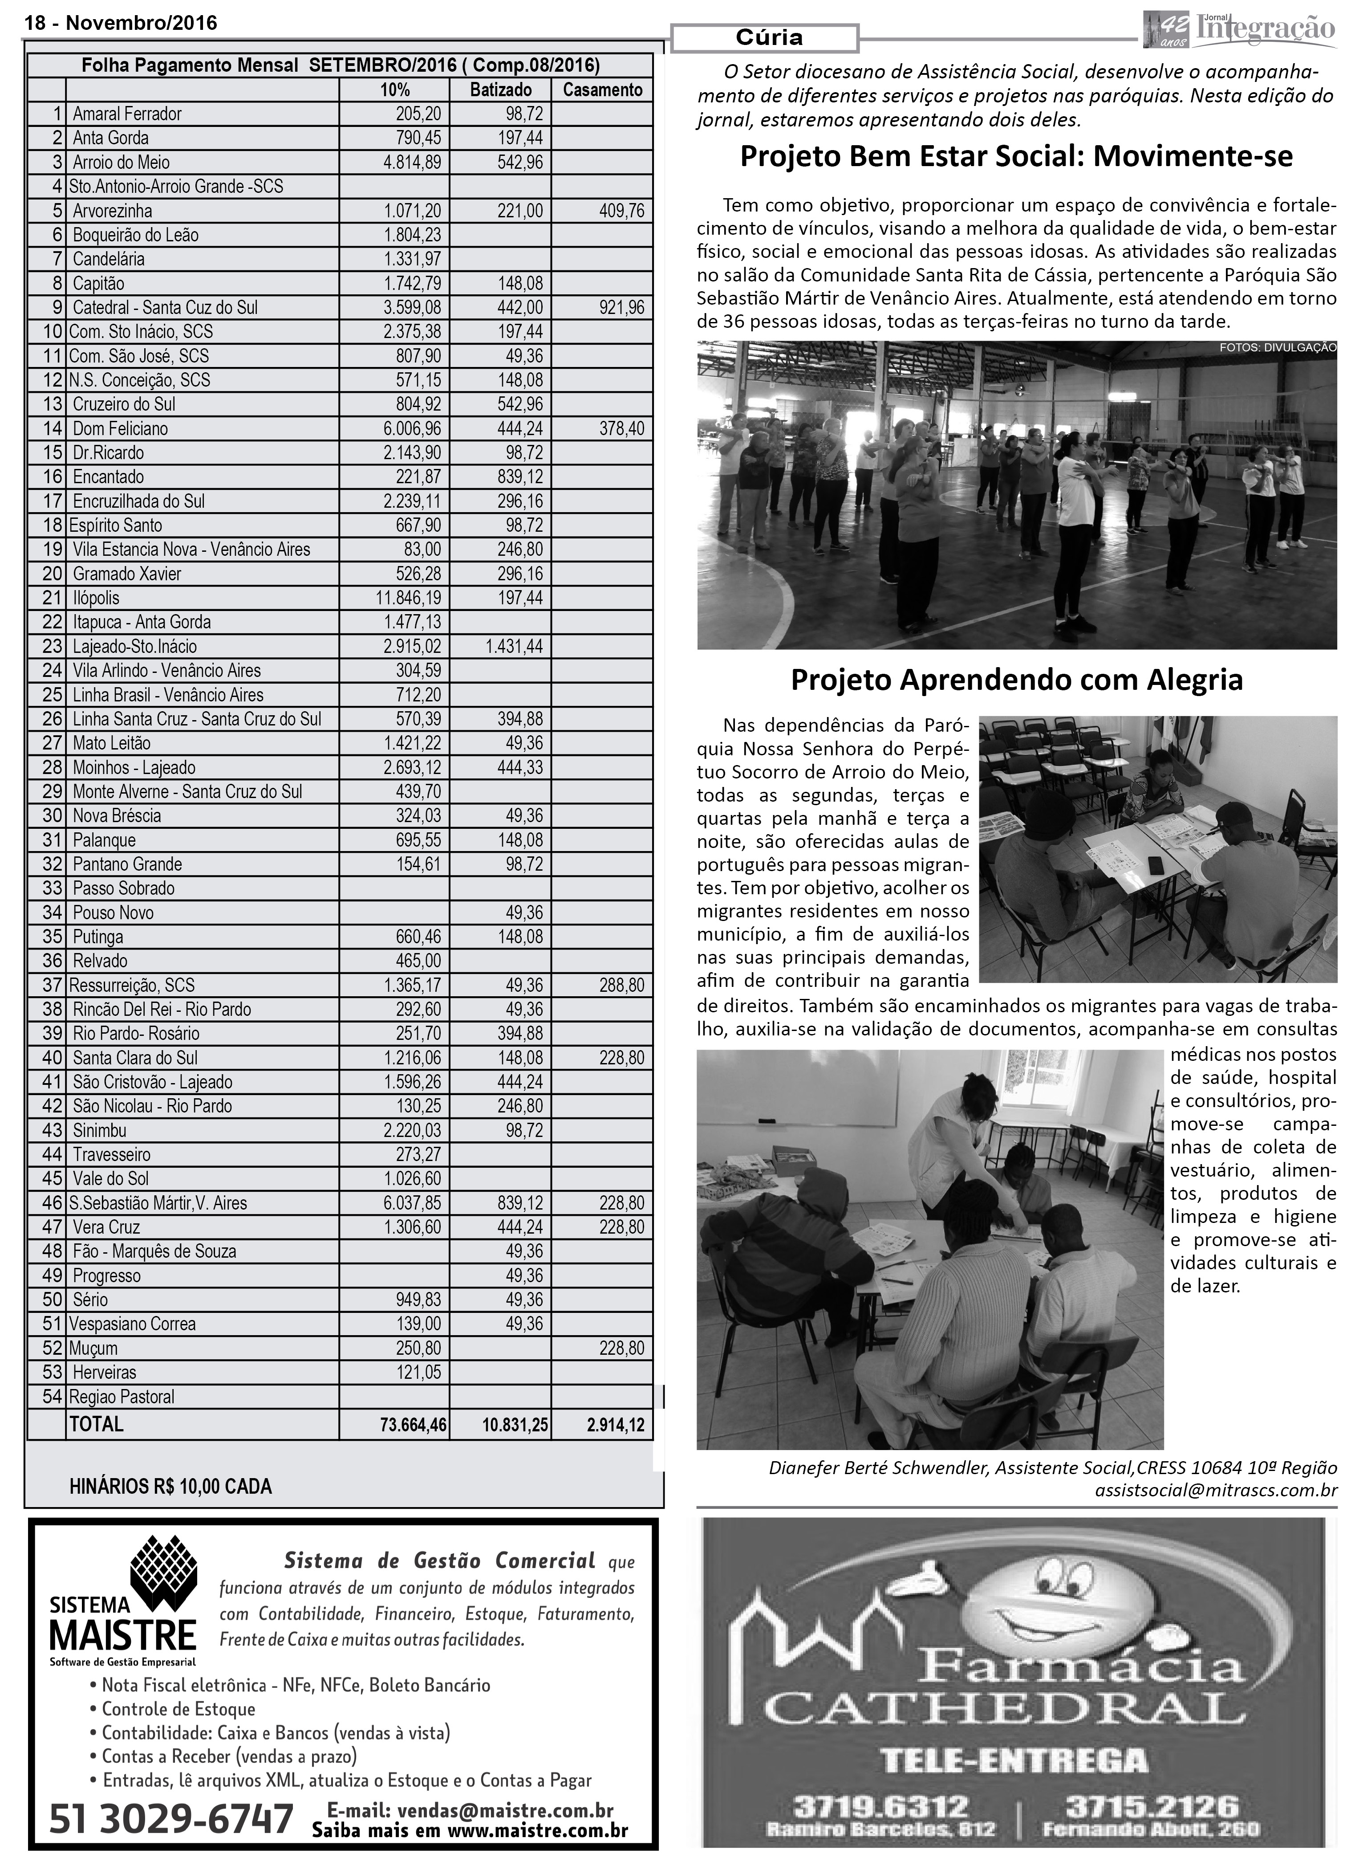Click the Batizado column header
click(500, 90)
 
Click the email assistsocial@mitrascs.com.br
click(1215, 1490)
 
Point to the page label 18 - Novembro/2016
click(121, 23)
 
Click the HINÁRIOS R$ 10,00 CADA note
click(170, 1487)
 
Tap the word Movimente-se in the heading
click(1193, 156)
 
